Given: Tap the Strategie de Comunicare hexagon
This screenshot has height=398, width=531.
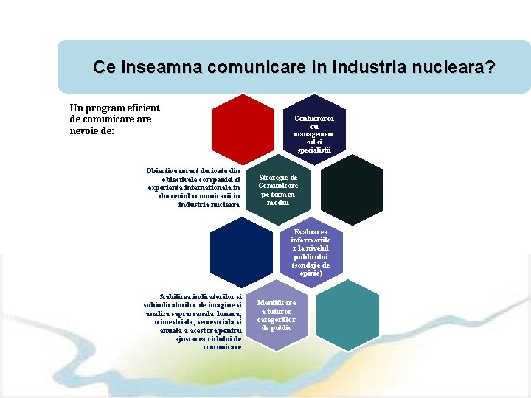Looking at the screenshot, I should point(277,189).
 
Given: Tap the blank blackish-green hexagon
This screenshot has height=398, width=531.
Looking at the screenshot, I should point(350,189).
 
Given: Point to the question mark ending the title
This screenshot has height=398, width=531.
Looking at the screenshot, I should point(490,68).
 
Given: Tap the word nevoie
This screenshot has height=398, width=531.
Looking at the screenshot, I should point(87,131).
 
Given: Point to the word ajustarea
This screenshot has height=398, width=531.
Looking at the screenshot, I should point(194,339).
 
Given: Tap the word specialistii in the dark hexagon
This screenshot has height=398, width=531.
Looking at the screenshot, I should point(314,150).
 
